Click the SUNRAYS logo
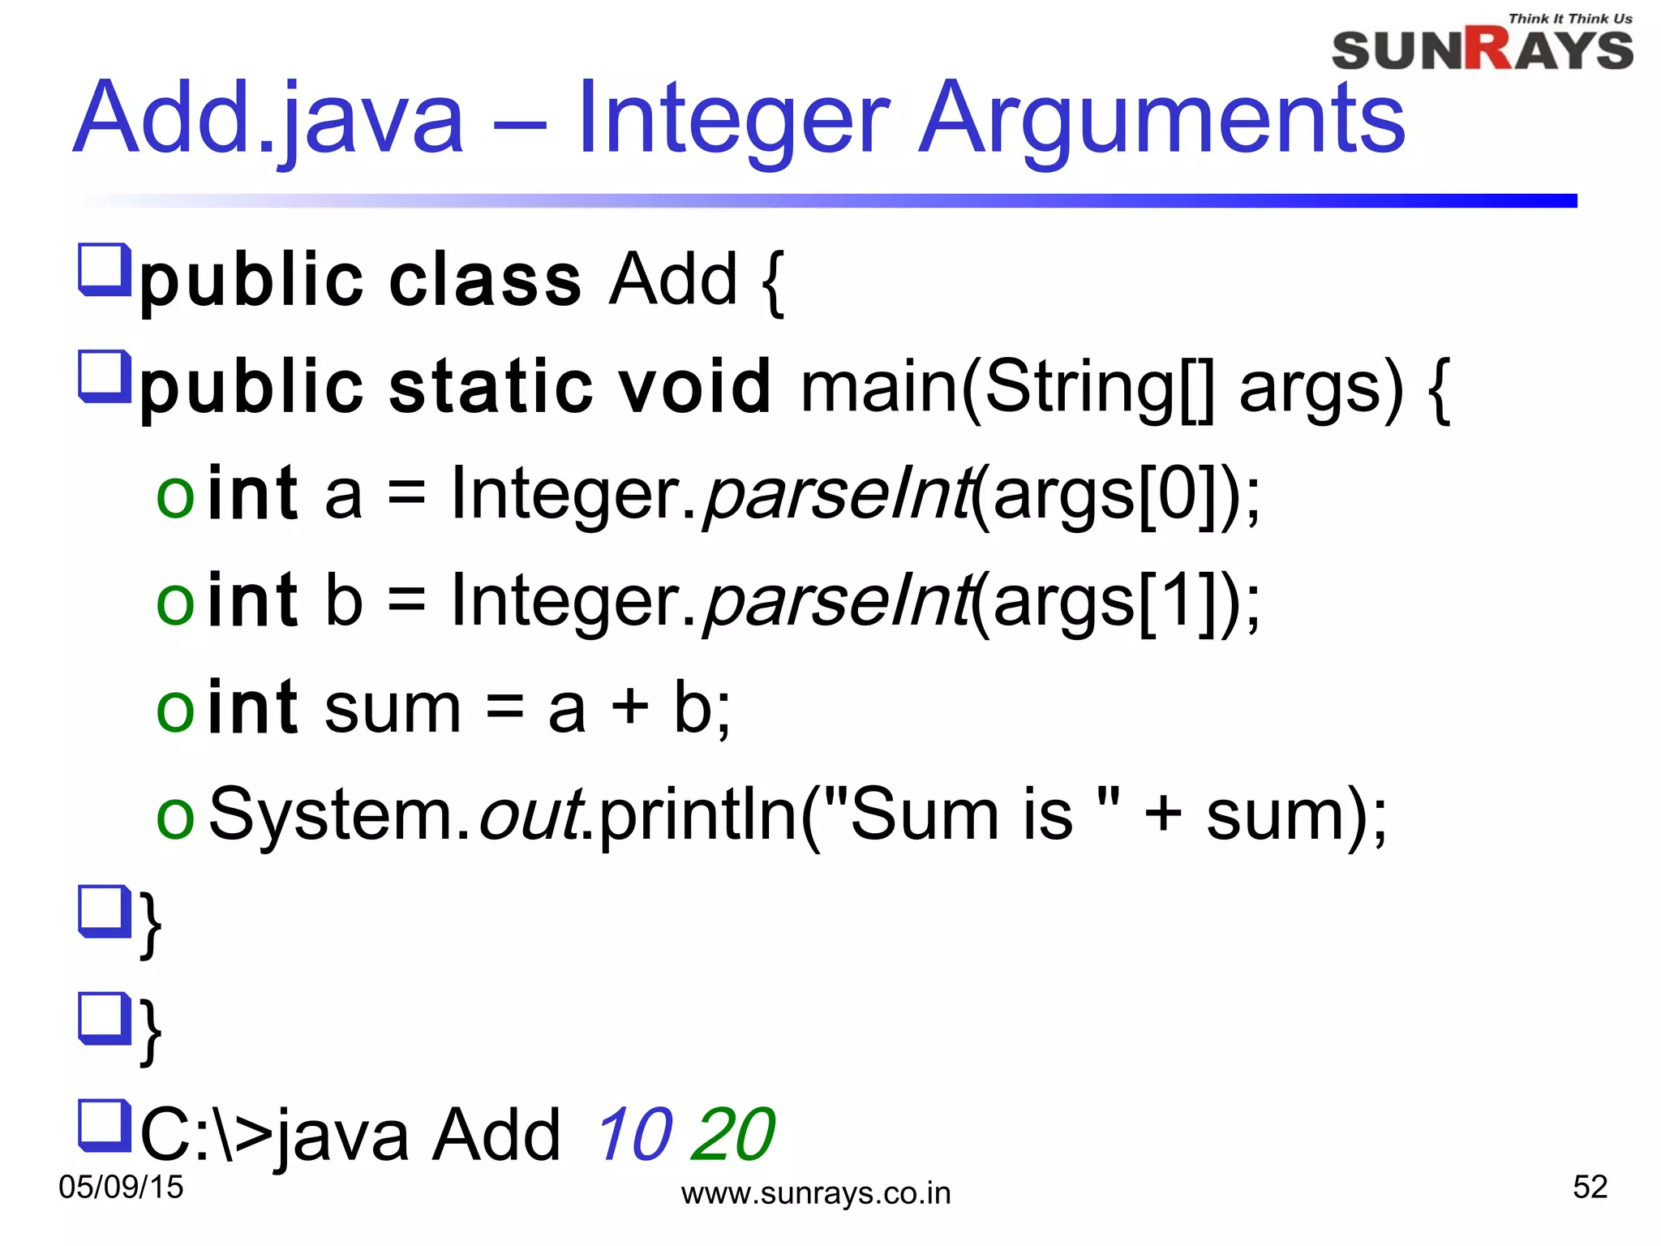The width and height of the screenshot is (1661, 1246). tap(1482, 50)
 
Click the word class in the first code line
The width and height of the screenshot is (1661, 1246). tap(485, 281)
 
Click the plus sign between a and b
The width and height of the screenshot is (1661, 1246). tap(630, 707)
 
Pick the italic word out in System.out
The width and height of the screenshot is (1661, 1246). tap(530, 814)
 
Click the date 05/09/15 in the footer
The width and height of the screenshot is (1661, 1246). tap(122, 1188)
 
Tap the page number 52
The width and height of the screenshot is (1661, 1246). tap(1590, 1188)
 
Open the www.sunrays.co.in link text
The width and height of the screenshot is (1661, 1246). tap(816, 1194)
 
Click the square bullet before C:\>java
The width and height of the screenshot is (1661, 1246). tap(104, 1125)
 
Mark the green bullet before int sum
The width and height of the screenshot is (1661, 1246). tap(175, 709)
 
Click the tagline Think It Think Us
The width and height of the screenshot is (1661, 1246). tap(1570, 19)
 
